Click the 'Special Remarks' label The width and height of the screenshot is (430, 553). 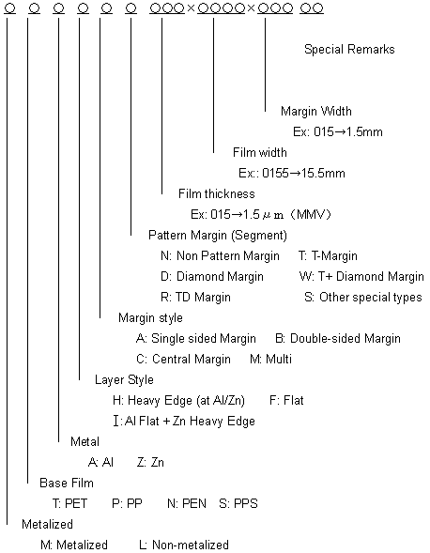pyautogui.click(x=349, y=49)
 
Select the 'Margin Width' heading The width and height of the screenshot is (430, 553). pyautogui.click(x=316, y=111)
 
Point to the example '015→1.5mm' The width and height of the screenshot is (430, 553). pyautogui.click(x=347, y=131)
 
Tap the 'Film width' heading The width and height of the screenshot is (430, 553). pyautogui.click(x=260, y=152)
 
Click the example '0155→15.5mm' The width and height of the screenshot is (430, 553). pyautogui.click(x=303, y=173)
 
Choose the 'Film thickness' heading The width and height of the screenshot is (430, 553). pyautogui.click(x=217, y=193)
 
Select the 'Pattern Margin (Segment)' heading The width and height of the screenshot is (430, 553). pyautogui.click(x=218, y=236)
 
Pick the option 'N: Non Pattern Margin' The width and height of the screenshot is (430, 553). pyautogui.click(x=220, y=255)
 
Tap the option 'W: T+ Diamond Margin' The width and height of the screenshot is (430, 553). pyautogui.click(x=361, y=276)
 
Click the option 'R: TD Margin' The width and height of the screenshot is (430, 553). pyautogui.click(x=195, y=298)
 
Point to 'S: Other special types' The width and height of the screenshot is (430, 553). pyautogui.click(x=363, y=298)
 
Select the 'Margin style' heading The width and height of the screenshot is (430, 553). pyautogui.click(x=150, y=317)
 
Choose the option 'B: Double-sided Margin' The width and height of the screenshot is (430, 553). pyautogui.click(x=338, y=339)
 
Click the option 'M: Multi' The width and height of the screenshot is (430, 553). pyautogui.click(x=270, y=359)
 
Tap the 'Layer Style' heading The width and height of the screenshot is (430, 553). pyautogui.click(x=124, y=380)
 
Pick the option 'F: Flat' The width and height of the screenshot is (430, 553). pyautogui.click(x=286, y=400)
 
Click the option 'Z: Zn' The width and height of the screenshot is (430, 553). pyautogui.click(x=150, y=462)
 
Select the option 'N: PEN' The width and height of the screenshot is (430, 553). pyautogui.click(x=187, y=503)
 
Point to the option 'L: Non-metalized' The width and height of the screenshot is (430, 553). pyautogui.click(x=184, y=545)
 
